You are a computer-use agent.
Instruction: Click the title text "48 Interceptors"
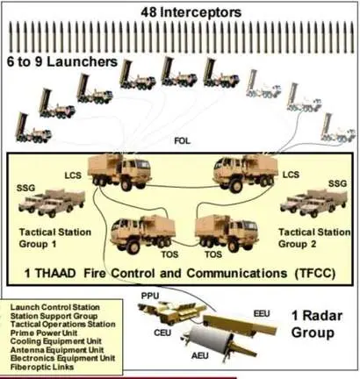pyautogui.click(x=191, y=12)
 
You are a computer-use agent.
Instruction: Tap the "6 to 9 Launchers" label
pyautogui.click(x=62, y=61)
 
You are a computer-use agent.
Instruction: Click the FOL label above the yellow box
pyautogui.click(x=183, y=141)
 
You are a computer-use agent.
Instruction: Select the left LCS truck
pyautogui.click(x=119, y=172)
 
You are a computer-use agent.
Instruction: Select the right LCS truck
pyautogui.click(x=246, y=173)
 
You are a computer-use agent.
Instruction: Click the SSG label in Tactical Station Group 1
pyautogui.click(x=25, y=188)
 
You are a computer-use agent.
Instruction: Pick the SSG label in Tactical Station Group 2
pyautogui.click(x=337, y=183)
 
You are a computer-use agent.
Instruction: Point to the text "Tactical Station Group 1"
pyautogui.click(x=55, y=238)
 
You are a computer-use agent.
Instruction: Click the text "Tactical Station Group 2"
pyautogui.click(x=314, y=238)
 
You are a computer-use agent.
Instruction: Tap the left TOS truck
pyautogui.click(x=143, y=233)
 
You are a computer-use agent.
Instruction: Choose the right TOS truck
pyautogui.click(x=227, y=233)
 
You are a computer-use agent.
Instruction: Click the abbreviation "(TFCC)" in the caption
pyautogui.click(x=314, y=274)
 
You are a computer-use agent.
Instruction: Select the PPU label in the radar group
pyautogui.click(x=150, y=296)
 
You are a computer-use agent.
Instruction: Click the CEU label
pyautogui.click(x=162, y=333)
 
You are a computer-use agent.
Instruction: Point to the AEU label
pyautogui.click(x=200, y=355)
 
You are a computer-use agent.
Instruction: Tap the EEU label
pyautogui.click(x=262, y=314)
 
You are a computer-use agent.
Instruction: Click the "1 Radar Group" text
pyautogui.click(x=317, y=324)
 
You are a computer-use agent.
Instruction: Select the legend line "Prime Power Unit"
pyautogui.click(x=44, y=333)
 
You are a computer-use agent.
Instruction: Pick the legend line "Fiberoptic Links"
pyautogui.click(x=42, y=367)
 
